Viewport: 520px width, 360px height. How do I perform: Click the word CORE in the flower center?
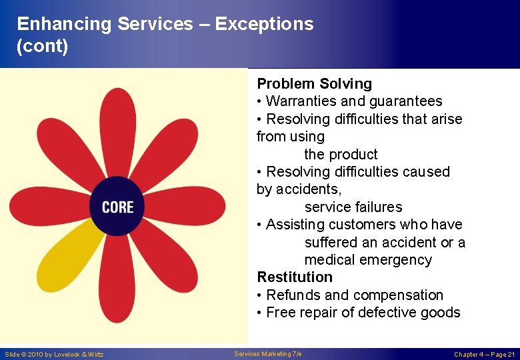(x=117, y=207)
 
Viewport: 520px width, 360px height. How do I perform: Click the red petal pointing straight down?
(x=118, y=280)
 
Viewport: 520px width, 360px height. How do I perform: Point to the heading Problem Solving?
(x=314, y=83)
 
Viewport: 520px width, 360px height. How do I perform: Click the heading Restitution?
(x=294, y=277)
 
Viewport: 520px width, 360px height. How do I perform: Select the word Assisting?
(x=295, y=225)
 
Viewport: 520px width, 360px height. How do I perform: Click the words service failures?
(x=353, y=207)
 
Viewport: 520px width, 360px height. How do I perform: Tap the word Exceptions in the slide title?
(x=264, y=24)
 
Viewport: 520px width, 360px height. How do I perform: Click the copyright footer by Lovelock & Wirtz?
(x=54, y=355)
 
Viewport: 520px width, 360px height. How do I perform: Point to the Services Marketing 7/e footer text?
(x=268, y=354)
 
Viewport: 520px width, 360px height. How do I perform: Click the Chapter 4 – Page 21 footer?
(x=485, y=355)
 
